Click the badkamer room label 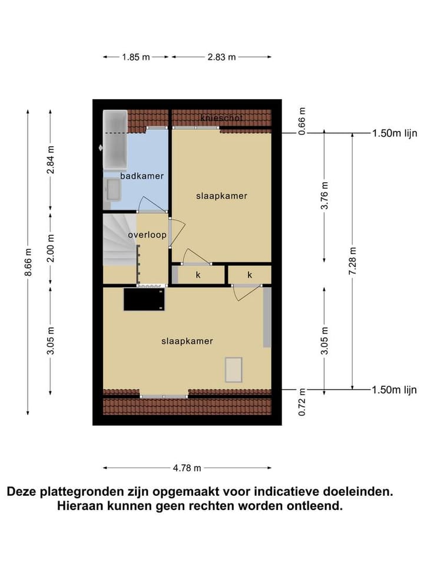click(x=142, y=176)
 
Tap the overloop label click(x=147, y=235)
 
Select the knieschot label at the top click(x=221, y=117)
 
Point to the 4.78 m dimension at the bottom click(x=187, y=468)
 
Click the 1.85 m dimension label click(x=136, y=57)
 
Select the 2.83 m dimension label click(x=221, y=57)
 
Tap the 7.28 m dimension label click(x=352, y=261)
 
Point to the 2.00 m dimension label click(x=50, y=249)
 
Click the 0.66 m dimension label click(x=302, y=122)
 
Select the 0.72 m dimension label click(x=302, y=402)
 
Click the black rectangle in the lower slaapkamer click(x=144, y=299)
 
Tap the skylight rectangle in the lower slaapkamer click(x=234, y=370)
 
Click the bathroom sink click(x=111, y=191)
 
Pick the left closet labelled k click(x=198, y=275)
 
